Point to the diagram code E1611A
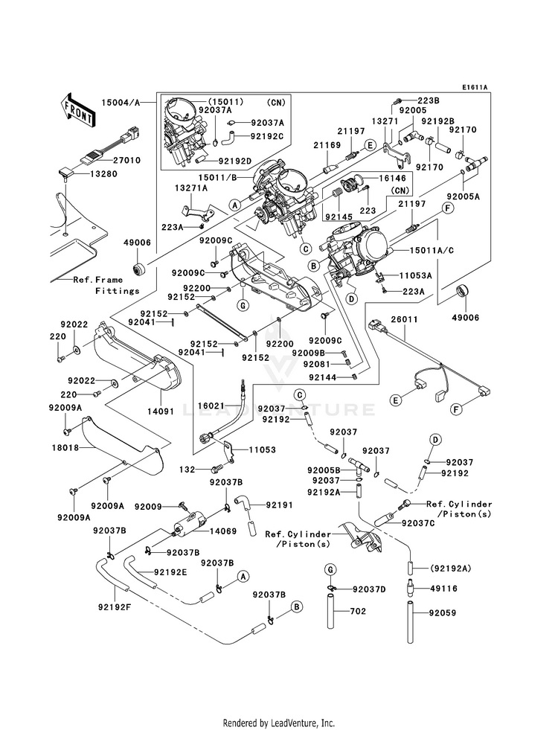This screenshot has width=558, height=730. click(473, 88)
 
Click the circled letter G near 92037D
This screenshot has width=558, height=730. click(328, 569)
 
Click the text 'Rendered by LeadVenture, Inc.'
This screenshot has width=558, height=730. click(279, 723)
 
